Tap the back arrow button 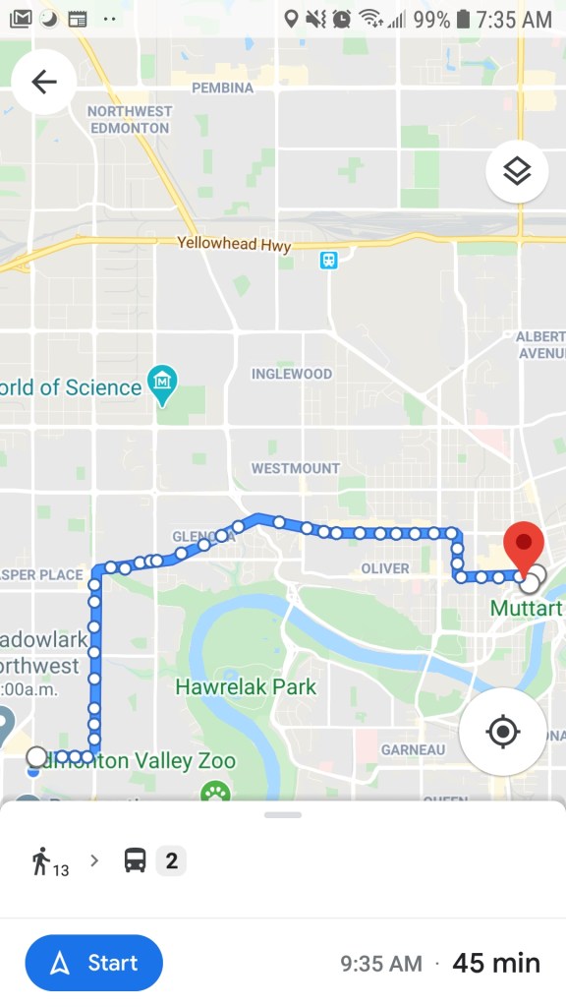pos(44,82)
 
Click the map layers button pos(517,171)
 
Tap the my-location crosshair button pos(502,732)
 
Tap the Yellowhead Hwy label pos(234,244)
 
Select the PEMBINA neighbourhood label pos(222,88)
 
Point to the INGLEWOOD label pos(292,374)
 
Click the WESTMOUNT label pos(295,468)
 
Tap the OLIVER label pos(385,568)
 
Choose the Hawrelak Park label pos(246,686)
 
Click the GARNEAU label pos(413,749)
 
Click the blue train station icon pos(328,260)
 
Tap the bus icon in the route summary pos(136,860)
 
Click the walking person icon pos(41,861)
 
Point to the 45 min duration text pos(496,963)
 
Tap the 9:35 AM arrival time pos(381,964)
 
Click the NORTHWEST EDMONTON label pos(130,120)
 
